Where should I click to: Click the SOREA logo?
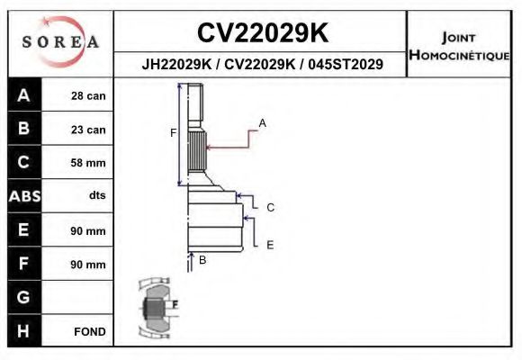coord(60,42)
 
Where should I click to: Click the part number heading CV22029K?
coord(262,33)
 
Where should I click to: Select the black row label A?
coord(23,95)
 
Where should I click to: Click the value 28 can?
coord(88,96)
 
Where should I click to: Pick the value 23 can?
coord(88,130)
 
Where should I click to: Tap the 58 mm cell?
coord(88,163)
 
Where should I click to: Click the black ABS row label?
coord(23,196)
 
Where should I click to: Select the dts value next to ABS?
coord(96,196)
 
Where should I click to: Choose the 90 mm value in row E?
coord(88,230)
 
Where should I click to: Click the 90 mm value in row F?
coord(88,265)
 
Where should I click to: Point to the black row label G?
coord(23,297)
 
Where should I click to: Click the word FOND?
coord(90,331)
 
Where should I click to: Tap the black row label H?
coord(23,330)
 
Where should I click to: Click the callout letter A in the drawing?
coord(262,121)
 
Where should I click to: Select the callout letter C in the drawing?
coord(269,207)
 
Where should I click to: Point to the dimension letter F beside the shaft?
coord(173,133)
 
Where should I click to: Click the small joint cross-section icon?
coord(155,309)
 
